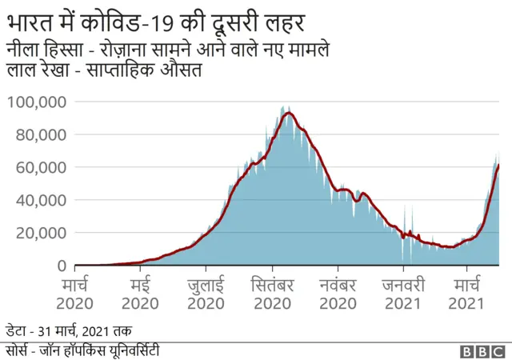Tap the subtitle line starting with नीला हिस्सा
[168, 50]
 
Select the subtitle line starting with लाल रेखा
[103, 71]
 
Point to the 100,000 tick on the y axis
[37, 102]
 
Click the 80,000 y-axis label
[40, 134]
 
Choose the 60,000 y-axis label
[40, 167]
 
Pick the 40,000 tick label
[40, 200]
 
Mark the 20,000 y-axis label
[40, 233]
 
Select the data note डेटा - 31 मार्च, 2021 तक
[69, 330]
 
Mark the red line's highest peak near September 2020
[287, 113]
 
